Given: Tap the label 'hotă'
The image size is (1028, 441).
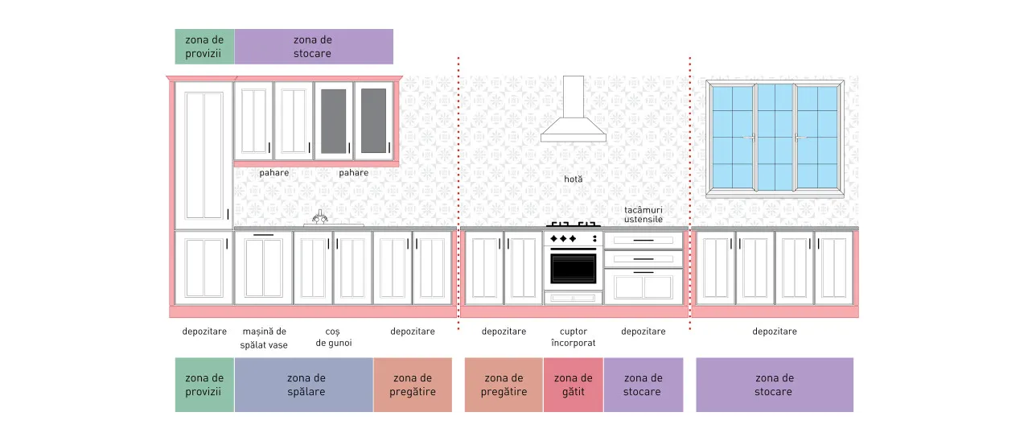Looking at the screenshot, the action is (574, 179).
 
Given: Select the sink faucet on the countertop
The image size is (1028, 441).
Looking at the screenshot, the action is (320, 217).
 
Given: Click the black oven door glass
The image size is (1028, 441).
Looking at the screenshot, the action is (574, 269).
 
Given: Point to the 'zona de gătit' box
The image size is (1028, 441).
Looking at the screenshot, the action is (574, 385).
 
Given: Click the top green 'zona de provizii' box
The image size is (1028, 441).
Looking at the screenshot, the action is (204, 47).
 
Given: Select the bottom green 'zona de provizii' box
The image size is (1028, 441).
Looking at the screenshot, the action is (204, 385).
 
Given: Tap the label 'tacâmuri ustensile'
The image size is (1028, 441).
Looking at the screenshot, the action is (643, 214).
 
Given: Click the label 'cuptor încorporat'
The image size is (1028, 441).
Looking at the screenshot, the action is (574, 337).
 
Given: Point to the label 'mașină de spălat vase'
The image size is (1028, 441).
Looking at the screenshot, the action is (264, 338).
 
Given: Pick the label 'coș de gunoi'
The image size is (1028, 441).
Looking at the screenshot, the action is (334, 337).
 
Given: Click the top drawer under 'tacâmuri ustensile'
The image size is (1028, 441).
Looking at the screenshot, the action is (644, 240).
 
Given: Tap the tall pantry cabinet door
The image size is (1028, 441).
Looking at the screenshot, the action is (204, 155).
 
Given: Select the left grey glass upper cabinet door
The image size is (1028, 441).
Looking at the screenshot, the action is (334, 122).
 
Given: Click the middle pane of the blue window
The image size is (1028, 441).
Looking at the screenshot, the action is (775, 137).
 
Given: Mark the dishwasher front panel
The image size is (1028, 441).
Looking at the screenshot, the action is (263, 268).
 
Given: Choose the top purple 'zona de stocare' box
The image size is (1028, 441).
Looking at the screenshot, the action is (314, 47).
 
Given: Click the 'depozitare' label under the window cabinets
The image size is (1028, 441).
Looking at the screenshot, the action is (775, 332).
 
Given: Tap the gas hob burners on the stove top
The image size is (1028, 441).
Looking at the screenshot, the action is (574, 225).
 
